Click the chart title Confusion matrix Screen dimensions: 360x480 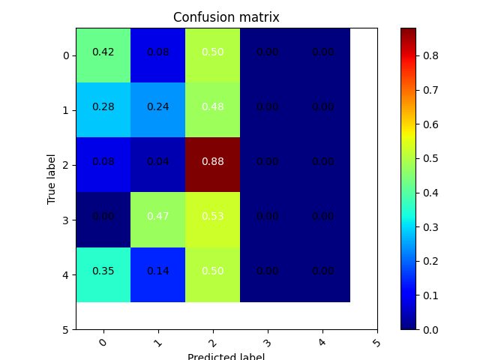click(226, 17)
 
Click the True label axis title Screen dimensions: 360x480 click(52, 178)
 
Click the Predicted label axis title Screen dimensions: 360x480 click(226, 356)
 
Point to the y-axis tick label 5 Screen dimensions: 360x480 click(66, 329)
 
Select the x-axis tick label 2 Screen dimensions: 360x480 click(212, 343)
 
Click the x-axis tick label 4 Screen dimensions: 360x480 click(322, 343)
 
